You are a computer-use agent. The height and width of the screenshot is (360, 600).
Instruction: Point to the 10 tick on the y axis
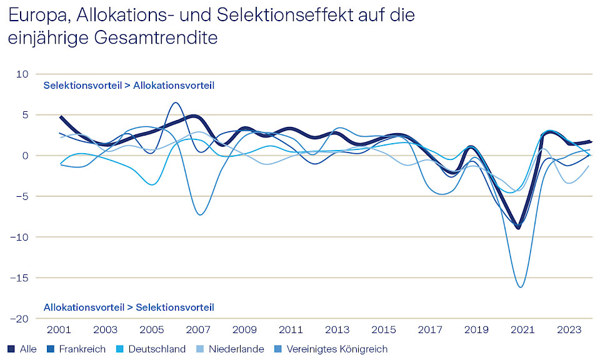(23, 74)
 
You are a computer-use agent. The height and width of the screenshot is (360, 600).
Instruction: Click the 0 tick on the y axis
(26, 156)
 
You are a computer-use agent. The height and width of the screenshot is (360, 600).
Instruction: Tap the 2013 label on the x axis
(338, 329)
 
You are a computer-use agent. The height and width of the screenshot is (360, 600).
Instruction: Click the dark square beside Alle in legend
(11, 349)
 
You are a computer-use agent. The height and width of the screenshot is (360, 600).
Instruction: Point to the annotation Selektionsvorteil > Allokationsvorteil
(129, 86)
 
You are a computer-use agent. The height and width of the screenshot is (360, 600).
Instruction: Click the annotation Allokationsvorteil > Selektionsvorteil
(129, 307)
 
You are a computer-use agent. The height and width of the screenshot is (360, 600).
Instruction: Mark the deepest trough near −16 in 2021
(520, 287)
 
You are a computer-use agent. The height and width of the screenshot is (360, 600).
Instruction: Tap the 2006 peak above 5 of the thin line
(176, 102)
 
